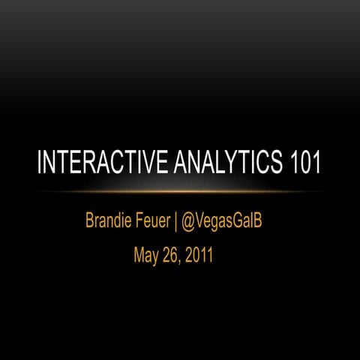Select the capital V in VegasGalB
point(205,220)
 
